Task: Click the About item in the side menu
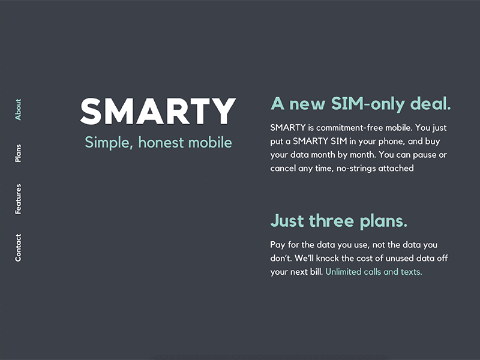(18, 110)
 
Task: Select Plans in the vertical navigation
(18, 154)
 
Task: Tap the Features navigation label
(18, 199)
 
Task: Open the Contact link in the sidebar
(18, 247)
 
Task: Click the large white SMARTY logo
(158, 112)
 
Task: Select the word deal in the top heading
(430, 103)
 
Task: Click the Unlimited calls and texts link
(374, 272)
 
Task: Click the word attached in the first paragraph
(396, 169)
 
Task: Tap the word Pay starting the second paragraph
(278, 245)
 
